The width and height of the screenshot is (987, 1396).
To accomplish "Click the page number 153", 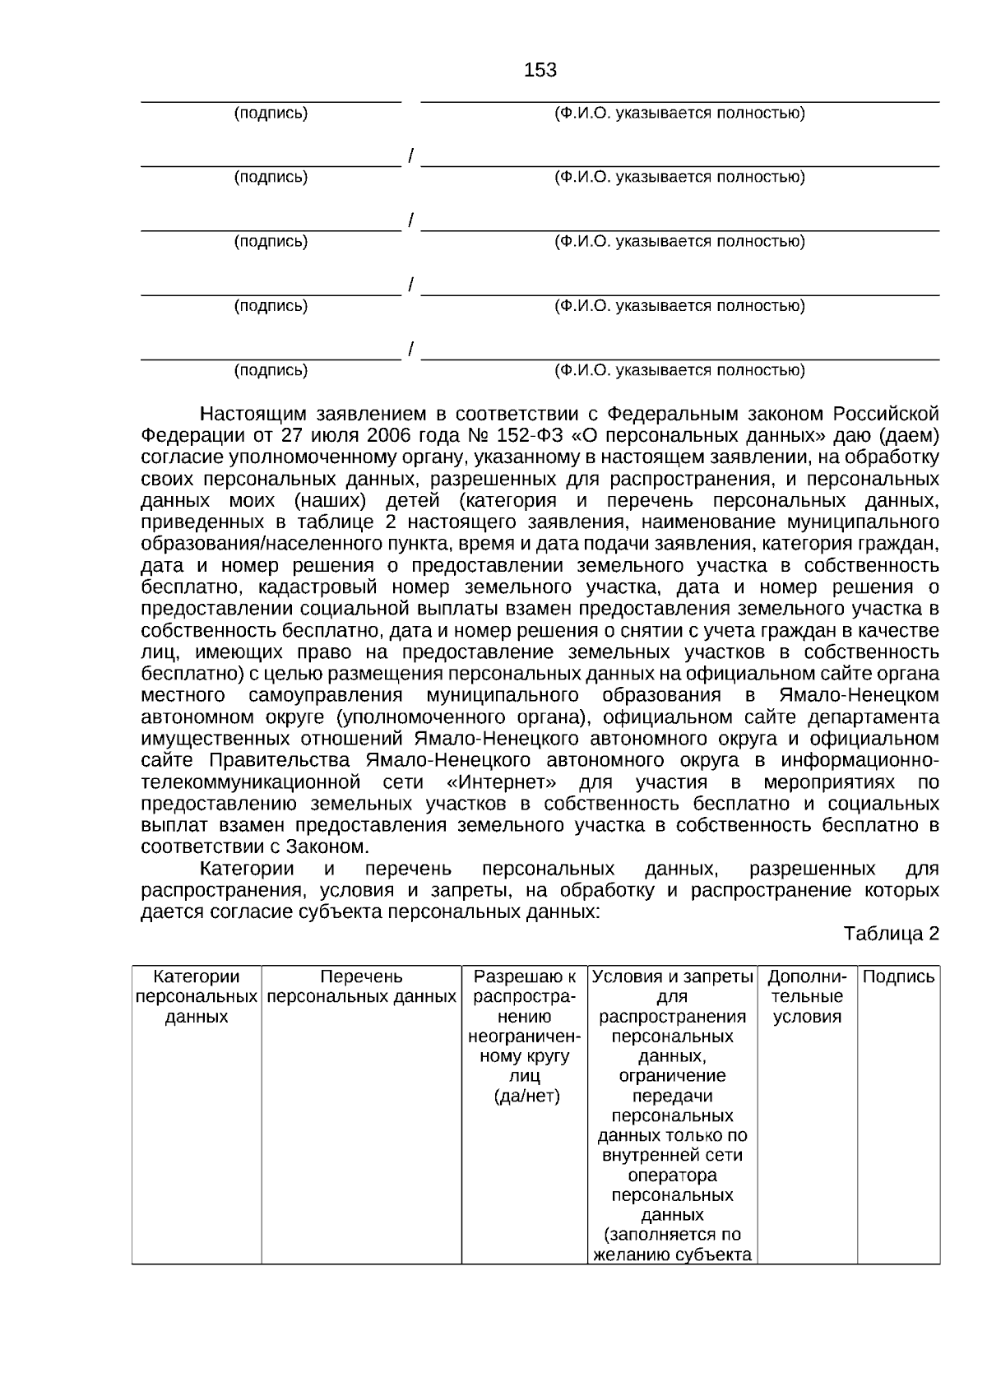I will [540, 71].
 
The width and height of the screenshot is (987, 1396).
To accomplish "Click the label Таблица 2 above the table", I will [891, 934].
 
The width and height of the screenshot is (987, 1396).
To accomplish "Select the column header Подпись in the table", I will [898, 977].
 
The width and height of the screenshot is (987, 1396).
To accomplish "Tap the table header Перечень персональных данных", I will [361, 986].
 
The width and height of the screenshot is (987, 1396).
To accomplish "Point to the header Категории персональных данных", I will [197, 996].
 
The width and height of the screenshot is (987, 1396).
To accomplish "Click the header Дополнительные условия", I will [806, 996].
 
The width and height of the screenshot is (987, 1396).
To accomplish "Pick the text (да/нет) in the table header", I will [526, 1096].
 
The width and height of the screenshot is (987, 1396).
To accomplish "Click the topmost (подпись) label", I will [271, 114].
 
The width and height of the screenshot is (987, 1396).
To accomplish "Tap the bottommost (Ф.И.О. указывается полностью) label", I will [679, 370].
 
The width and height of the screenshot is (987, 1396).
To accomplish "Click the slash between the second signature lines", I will [410, 220].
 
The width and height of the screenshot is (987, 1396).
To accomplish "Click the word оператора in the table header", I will [672, 1175].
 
